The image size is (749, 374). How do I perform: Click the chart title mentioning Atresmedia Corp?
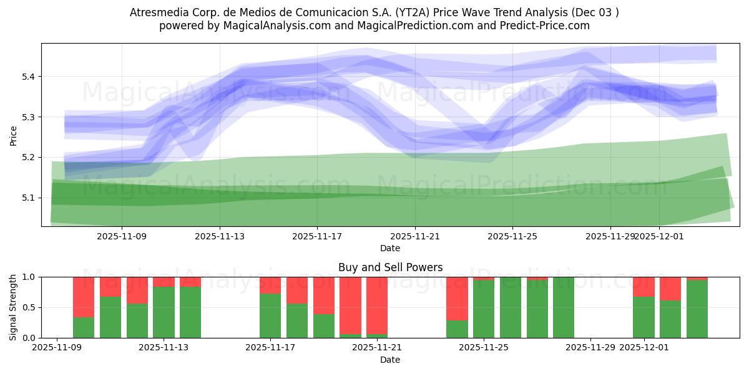click(x=374, y=12)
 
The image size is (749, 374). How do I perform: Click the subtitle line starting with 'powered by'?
click(x=374, y=26)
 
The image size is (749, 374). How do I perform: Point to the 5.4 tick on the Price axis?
click(x=29, y=77)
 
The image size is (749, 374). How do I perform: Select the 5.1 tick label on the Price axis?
click(x=29, y=198)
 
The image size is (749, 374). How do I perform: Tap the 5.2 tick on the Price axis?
click(x=29, y=157)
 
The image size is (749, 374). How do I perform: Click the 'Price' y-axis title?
click(x=14, y=135)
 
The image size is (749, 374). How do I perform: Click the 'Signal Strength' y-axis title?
click(x=14, y=307)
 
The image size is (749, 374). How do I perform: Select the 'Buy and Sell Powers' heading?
click(x=390, y=267)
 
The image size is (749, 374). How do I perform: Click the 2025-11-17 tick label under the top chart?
click(x=317, y=236)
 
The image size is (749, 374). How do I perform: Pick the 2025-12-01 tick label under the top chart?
click(x=659, y=236)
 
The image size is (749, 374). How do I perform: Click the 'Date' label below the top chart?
click(x=390, y=248)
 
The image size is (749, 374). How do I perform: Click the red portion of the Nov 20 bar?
click(x=350, y=305)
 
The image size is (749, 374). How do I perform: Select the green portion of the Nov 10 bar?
click(x=84, y=327)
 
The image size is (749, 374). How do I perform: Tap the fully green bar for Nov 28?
click(x=564, y=307)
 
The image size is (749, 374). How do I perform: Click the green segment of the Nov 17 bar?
click(x=270, y=315)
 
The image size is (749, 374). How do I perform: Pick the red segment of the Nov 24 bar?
click(x=457, y=298)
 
